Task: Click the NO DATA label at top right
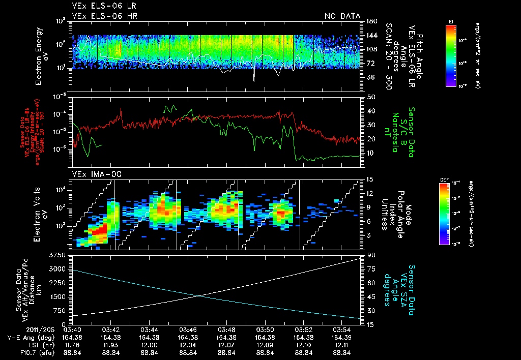point(342,16)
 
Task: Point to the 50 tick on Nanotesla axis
point(371,97)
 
